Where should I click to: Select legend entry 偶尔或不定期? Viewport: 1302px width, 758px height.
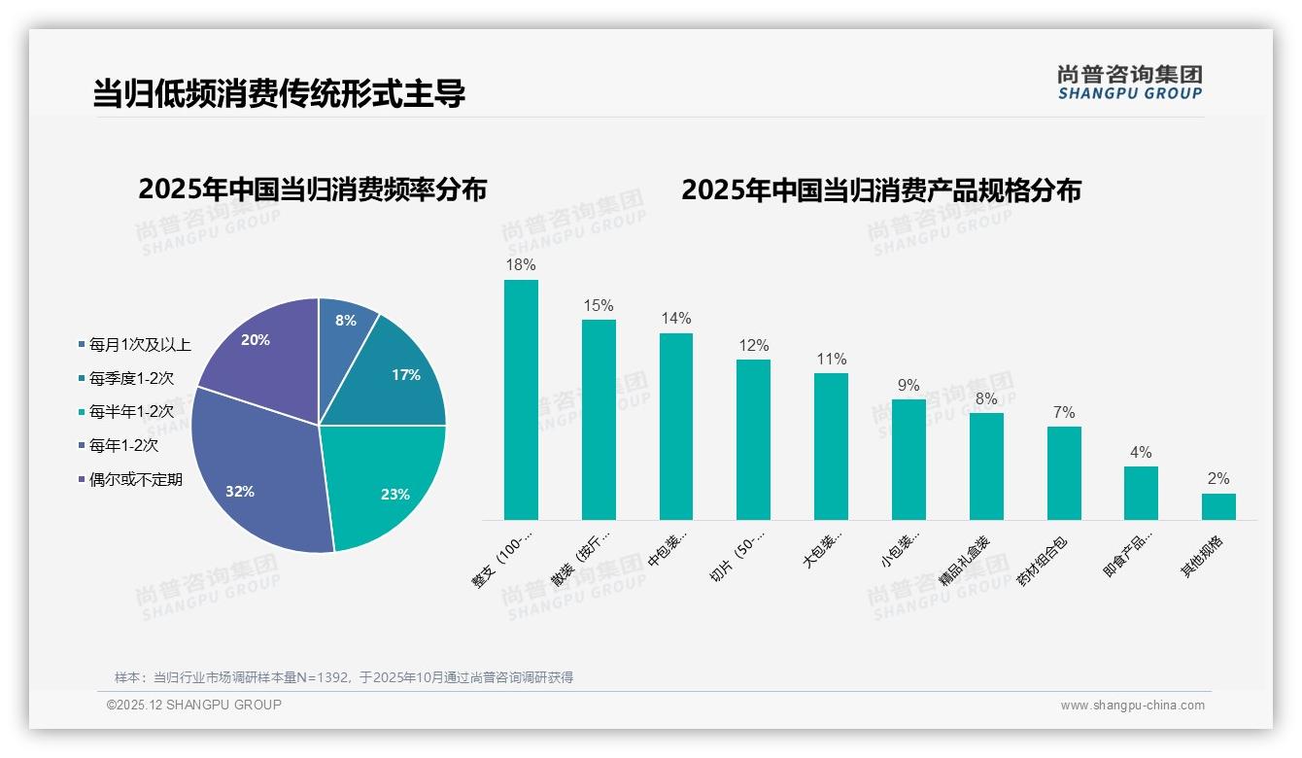click(135, 479)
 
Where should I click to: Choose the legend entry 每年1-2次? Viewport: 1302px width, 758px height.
click(122, 445)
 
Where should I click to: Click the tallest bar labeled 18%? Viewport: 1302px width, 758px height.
click(521, 399)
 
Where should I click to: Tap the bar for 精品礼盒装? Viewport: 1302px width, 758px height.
click(986, 466)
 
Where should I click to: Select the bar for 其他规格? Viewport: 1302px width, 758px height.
click(1218, 506)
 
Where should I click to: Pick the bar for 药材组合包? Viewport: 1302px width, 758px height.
click(1064, 473)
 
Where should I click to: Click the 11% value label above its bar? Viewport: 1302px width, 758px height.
click(831, 359)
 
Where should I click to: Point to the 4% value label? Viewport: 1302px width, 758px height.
click(1141, 452)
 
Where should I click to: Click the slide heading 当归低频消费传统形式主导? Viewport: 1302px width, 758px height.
click(279, 93)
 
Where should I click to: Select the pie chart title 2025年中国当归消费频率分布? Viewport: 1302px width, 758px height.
click(312, 189)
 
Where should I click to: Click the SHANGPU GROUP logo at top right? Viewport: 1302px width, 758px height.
click(1129, 83)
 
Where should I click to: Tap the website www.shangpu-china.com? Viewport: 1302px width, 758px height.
click(1132, 706)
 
